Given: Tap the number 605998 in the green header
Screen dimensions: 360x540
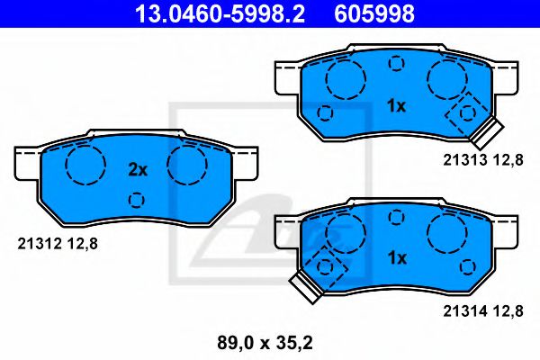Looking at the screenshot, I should (376, 13).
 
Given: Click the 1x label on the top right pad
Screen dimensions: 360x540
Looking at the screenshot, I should (396, 105).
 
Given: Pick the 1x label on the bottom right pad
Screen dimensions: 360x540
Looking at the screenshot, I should (396, 257).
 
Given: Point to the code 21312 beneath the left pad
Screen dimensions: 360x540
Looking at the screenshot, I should (38, 240).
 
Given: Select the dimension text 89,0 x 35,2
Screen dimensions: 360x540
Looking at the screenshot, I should (265, 343).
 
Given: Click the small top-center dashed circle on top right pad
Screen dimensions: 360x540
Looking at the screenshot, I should (395, 63).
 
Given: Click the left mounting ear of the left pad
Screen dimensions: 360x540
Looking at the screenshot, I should (27, 162).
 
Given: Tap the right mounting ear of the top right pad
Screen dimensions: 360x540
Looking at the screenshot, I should (508, 77).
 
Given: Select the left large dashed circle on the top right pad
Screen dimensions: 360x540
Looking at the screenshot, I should (343, 81).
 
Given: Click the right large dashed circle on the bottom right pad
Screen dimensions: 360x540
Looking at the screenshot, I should (446, 233).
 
